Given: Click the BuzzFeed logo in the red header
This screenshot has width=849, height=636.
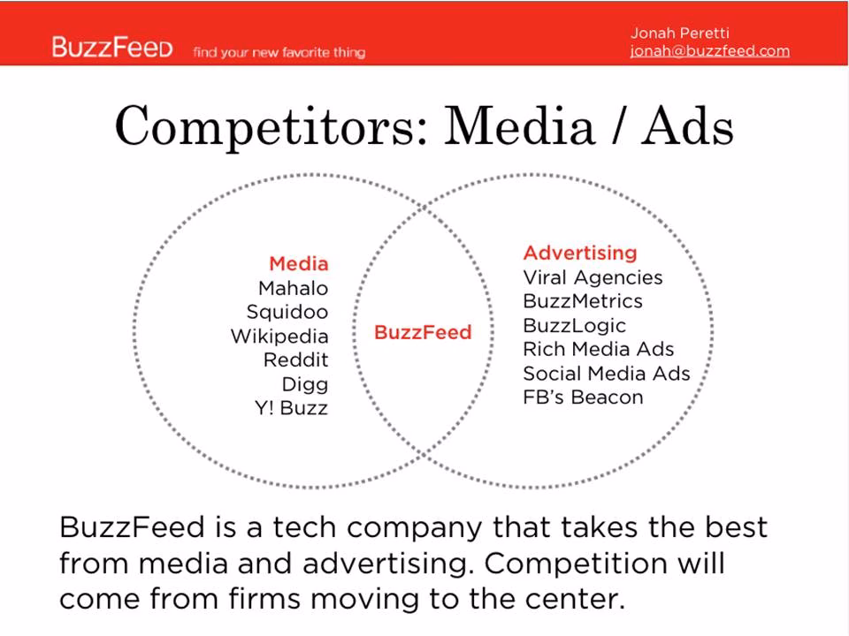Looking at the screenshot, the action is [112, 47].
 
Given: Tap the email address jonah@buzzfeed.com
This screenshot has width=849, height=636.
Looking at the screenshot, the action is [709, 51].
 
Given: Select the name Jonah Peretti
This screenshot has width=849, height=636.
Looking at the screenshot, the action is [679, 33].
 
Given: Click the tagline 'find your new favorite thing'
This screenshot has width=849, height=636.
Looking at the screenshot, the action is [279, 52].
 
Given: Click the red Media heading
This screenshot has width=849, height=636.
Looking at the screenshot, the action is [299, 263].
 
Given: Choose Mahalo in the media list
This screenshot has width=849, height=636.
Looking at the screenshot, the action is [293, 288].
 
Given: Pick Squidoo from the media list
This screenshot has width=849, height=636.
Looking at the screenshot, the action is [287, 312].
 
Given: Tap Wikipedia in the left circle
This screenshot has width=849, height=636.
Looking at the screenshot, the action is [279, 337].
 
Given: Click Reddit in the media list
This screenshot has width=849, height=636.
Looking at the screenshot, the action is [295, 360].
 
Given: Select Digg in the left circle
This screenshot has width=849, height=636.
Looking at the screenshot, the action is [305, 384].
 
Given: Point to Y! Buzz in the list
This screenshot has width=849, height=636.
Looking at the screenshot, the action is [291, 408].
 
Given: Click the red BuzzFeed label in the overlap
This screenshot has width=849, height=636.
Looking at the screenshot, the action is [423, 332].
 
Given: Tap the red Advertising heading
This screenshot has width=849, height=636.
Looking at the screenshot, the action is [580, 254].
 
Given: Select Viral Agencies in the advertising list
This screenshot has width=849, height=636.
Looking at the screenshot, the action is [593, 277].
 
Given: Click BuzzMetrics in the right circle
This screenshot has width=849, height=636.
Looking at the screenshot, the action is [583, 300].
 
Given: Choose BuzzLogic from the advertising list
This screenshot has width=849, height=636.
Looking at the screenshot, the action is [575, 326].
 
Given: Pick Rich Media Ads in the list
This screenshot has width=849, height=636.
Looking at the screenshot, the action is [599, 349].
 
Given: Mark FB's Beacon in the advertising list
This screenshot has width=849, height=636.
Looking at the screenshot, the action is [583, 397].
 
